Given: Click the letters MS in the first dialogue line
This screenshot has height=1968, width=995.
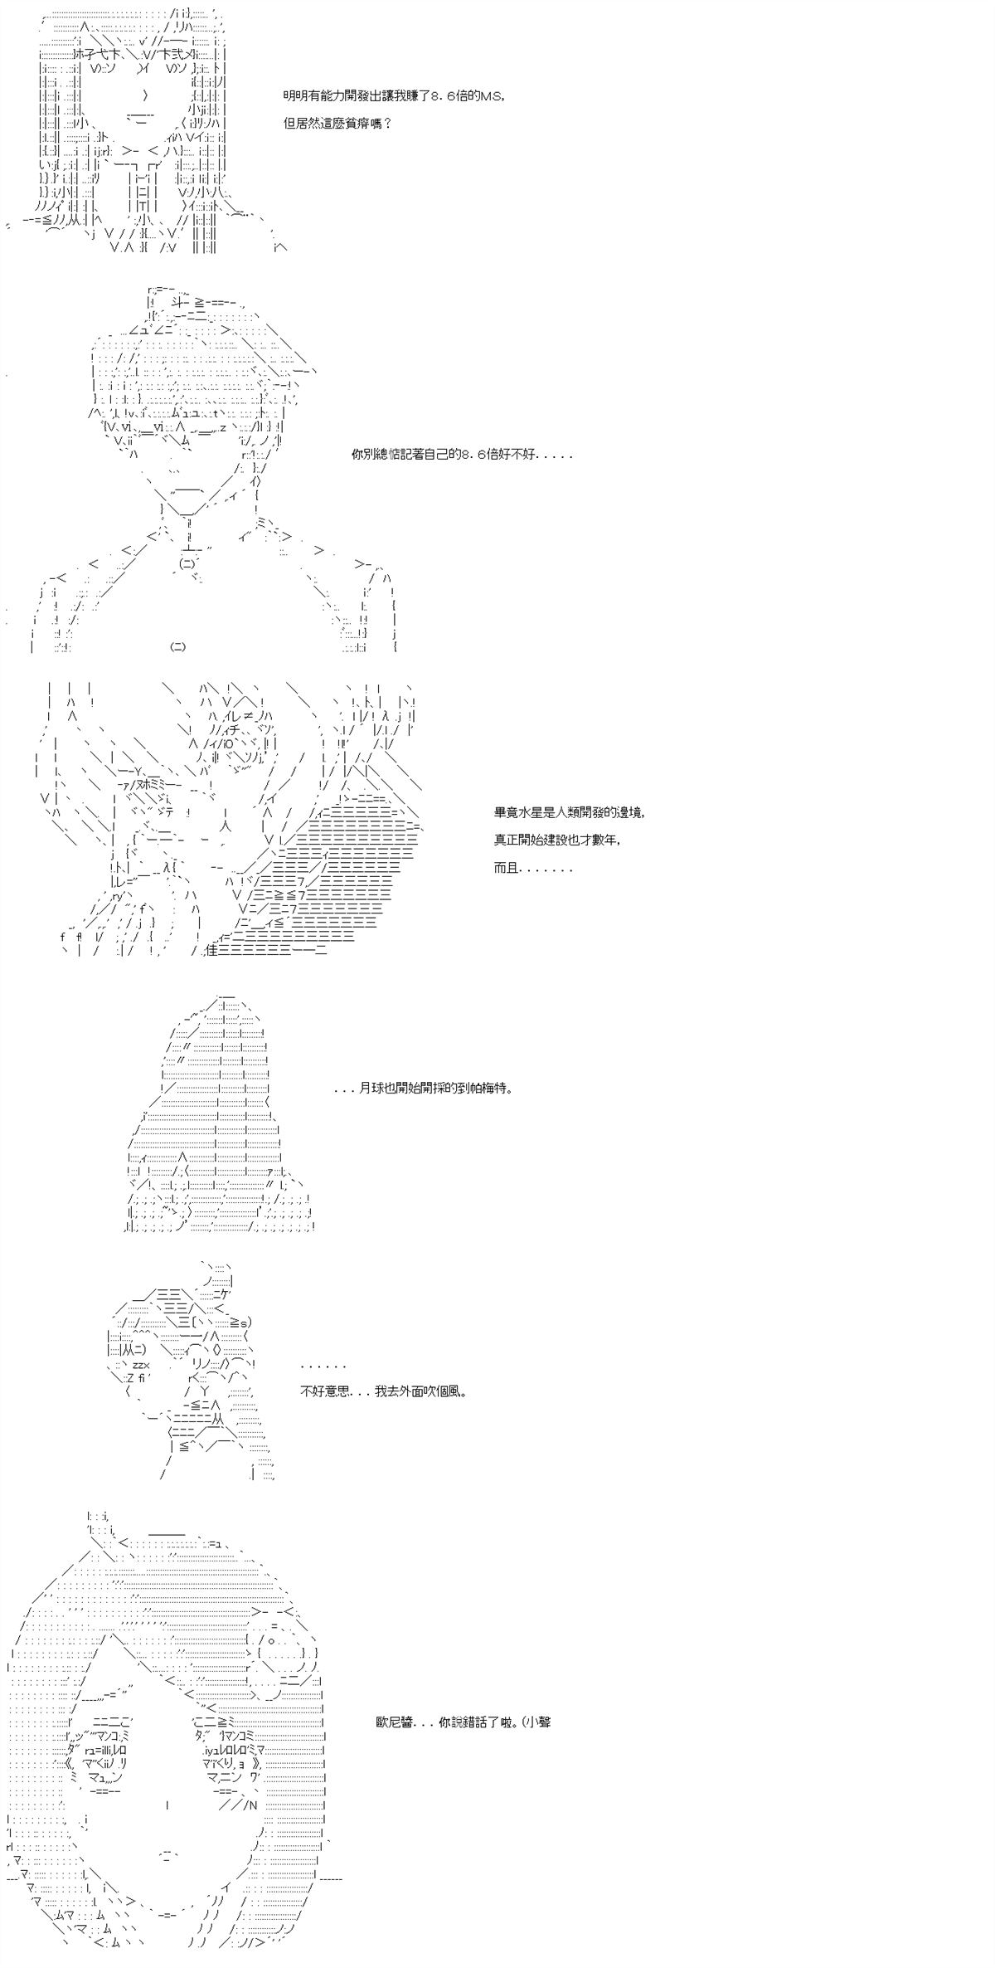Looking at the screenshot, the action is (x=489, y=96).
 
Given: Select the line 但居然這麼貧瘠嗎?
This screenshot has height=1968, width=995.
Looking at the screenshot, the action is (x=337, y=124).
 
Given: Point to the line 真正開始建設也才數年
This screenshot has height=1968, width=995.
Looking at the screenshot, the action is (x=556, y=840).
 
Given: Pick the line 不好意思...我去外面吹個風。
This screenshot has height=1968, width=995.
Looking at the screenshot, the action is (x=383, y=1391).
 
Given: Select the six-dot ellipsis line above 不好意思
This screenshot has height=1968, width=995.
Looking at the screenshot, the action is (x=323, y=1366).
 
